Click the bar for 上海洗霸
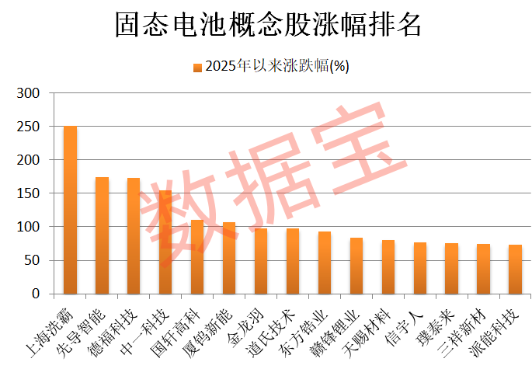pyautogui.click(x=70, y=210)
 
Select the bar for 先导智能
pyautogui.click(x=102, y=235)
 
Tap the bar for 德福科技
pyautogui.click(x=134, y=235)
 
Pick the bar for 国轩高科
pyautogui.click(x=197, y=257)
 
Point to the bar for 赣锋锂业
pyautogui.click(x=356, y=266)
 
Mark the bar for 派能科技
pyautogui.click(x=516, y=269)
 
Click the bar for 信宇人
pyautogui.click(x=420, y=268)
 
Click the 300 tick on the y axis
pyautogui.click(x=29, y=93)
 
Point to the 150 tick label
pyautogui.click(x=29, y=193)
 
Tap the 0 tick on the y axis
pyautogui.click(x=36, y=294)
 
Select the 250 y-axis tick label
pyautogui.click(x=29, y=127)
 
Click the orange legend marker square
pyautogui.click(x=197, y=67)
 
